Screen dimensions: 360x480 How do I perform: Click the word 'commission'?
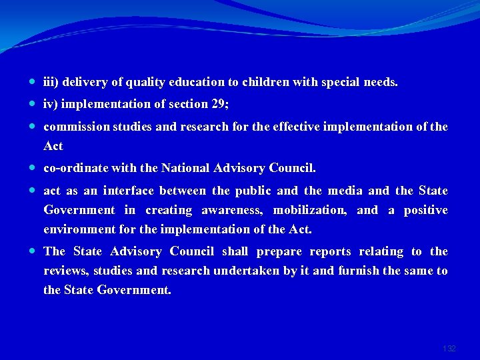75,127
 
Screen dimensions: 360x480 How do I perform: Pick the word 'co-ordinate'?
75,168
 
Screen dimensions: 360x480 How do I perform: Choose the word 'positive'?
427,210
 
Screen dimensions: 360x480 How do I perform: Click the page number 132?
449,349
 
